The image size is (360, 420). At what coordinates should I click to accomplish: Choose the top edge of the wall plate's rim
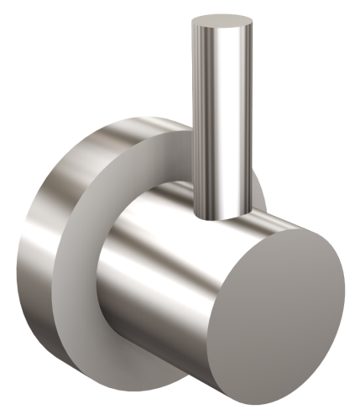(x=143, y=122)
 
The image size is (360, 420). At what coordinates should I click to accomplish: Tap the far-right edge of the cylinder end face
(x=344, y=286)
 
